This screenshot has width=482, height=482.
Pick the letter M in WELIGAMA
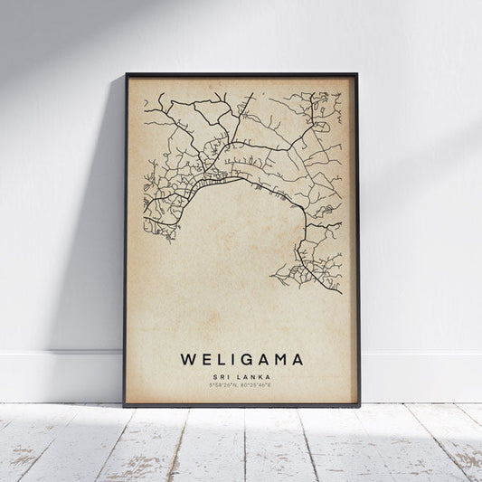point(279,359)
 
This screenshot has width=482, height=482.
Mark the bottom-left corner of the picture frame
point(126,404)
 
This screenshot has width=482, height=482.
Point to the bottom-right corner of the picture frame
point(357,404)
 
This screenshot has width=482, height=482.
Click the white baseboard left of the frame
point(54,375)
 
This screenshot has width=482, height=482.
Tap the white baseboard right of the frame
point(421,375)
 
